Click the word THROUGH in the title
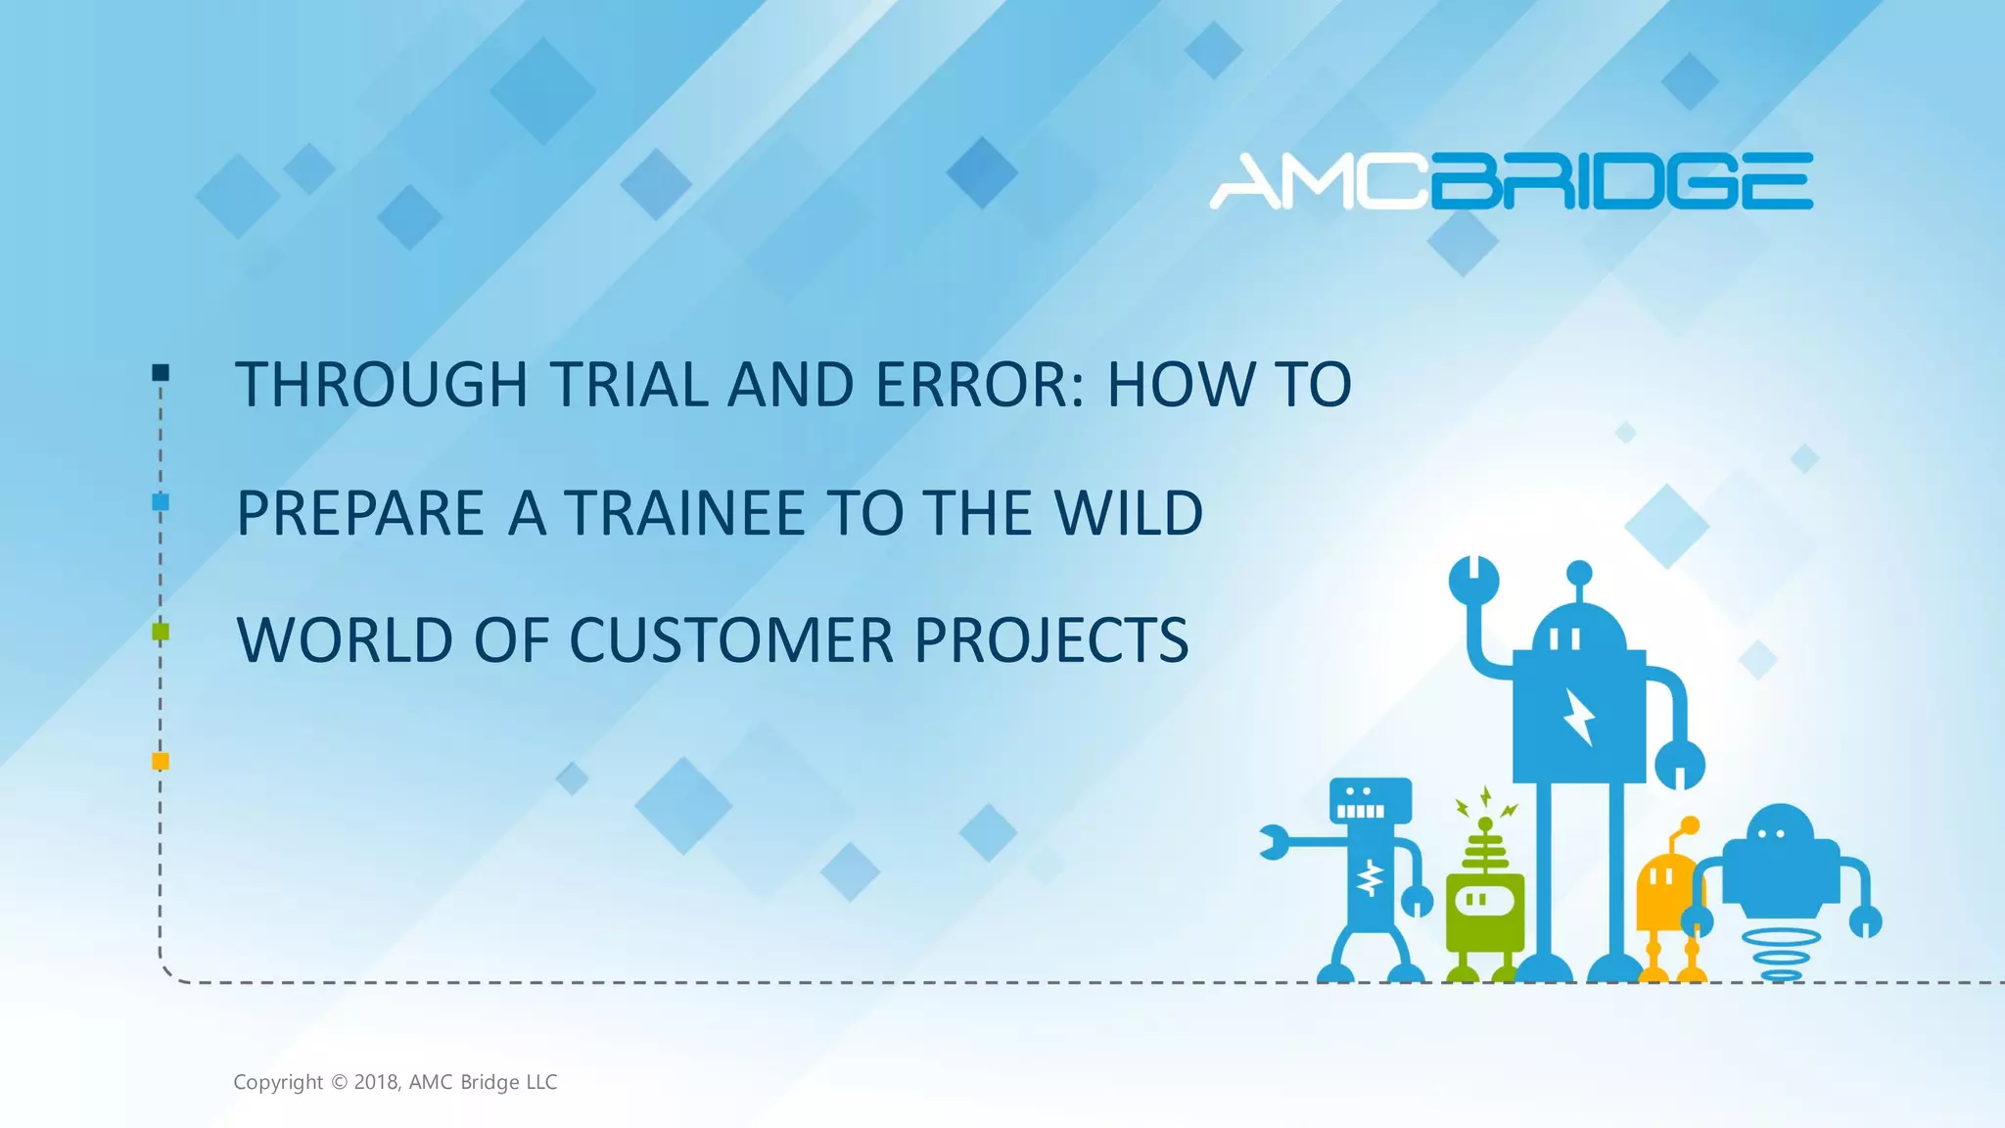(382, 384)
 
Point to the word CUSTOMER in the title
(730, 640)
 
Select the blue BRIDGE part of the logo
(1622, 182)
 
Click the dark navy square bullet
(161, 372)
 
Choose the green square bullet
(161, 632)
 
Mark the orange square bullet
(161, 761)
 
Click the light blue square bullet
(161, 502)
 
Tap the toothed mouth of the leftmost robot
(1361, 811)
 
